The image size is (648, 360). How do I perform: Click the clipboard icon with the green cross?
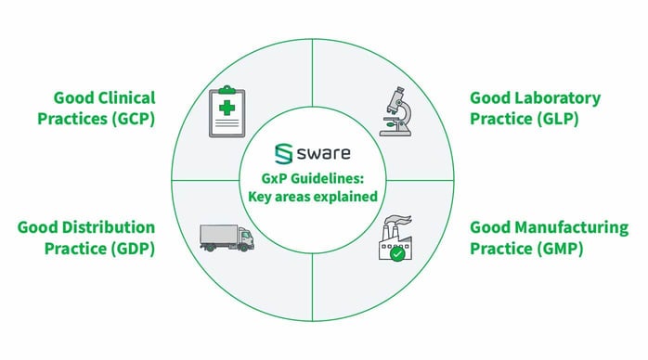pos(226,110)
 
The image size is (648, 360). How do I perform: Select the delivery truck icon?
pos(225,238)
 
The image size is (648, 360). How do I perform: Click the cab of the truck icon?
pos(244,238)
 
